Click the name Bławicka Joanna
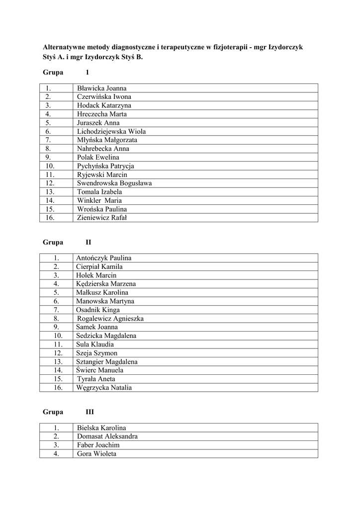[x=101, y=88]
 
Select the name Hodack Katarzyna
[x=104, y=105]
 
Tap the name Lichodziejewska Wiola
[x=111, y=131]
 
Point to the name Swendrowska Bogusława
[x=114, y=183]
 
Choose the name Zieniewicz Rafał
[x=102, y=217]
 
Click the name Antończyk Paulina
[x=103, y=258]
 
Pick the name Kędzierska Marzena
[x=106, y=284]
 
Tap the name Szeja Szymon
[x=96, y=353]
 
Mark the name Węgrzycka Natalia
[x=104, y=388]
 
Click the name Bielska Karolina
[x=101, y=427]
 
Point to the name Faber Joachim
[x=98, y=445]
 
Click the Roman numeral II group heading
[x=89, y=243]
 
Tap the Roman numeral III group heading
[x=90, y=412]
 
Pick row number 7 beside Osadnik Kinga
[x=57, y=310]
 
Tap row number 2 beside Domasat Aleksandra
[x=57, y=436]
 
